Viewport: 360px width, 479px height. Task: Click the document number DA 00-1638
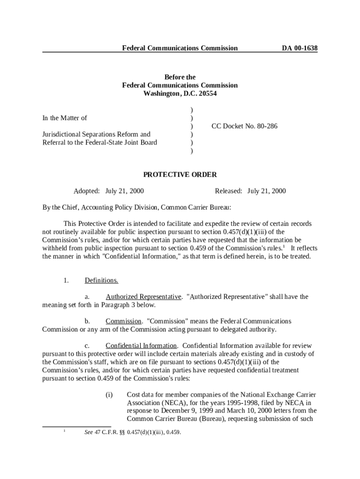click(299, 48)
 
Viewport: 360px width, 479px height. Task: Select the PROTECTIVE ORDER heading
click(180, 174)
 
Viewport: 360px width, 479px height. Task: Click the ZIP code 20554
click(207, 94)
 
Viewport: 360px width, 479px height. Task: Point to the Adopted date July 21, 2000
click(124, 191)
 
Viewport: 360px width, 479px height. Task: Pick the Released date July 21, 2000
click(266, 191)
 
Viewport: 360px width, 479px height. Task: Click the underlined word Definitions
click(101, 280)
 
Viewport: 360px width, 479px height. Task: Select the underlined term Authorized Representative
click(143, 297)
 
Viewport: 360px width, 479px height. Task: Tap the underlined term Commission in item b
click(123, 321)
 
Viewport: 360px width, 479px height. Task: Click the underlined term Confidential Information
click(141, 345)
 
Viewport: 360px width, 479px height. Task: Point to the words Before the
click(180, 77)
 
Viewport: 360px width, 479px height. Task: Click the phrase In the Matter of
click(65, 118)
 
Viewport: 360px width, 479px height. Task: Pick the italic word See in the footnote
click(88, 432)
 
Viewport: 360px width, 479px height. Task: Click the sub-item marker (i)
click(109, 394)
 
